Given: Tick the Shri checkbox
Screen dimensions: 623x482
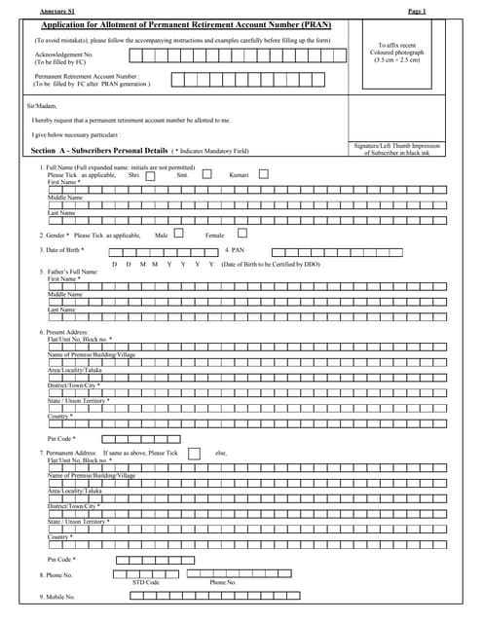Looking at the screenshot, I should tap(150, 174).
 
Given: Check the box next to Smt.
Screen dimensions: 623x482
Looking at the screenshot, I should tap(206, 174).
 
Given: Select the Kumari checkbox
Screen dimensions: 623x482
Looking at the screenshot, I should tap(263, 174).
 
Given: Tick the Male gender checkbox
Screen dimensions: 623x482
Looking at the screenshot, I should tap(177, 234).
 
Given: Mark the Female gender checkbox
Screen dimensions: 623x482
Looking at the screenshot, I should tap(242, 234).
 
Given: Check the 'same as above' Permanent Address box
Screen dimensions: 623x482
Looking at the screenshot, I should tap(194, 453).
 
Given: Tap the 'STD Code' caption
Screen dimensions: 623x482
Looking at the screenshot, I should tap(145, 581).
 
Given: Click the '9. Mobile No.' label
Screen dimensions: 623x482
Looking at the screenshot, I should tap(57, 596).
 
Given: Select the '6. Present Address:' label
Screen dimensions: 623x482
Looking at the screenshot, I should tap(64, 332).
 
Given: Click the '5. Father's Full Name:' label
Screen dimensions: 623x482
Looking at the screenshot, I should tap(70, 272).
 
